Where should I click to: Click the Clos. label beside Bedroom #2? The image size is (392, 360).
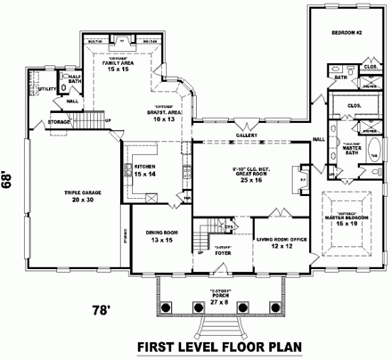[x=370, y=66]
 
